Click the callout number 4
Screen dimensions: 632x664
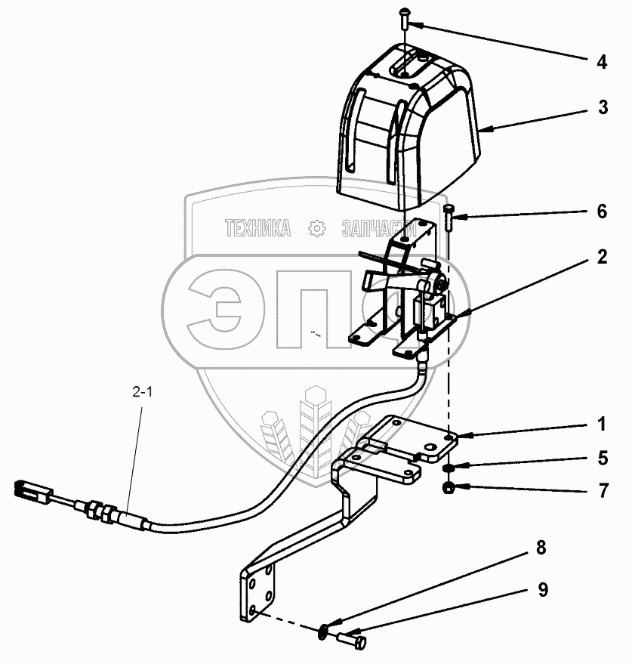click(x=601, y=63)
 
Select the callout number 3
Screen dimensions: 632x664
click(x=602, y=107)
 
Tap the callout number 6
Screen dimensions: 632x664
click(x=601, y=212)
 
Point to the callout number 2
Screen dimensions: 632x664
click(x=601, y=257)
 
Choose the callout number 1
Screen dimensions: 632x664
click(x=601, y=425)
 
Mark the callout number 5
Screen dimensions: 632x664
click(x=601, y=458)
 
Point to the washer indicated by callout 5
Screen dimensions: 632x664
click(x=449, y=467)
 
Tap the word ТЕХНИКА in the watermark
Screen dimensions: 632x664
click(x=257, y=227)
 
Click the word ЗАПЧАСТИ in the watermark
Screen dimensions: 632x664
click(x=380, y=227)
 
